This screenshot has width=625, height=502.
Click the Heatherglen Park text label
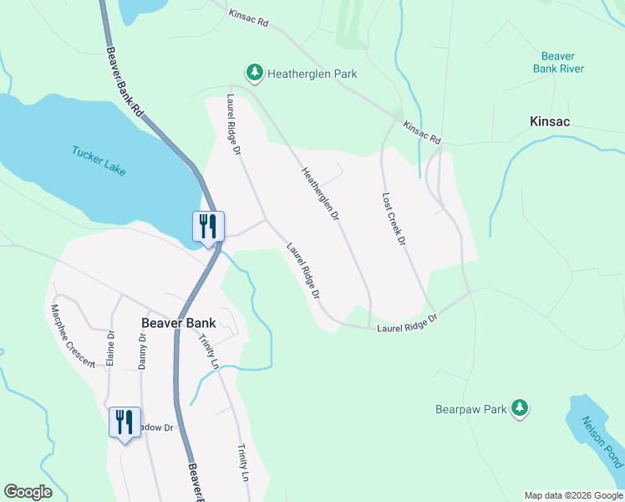pos(312,74)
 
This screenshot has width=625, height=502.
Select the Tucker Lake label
pos(99,161)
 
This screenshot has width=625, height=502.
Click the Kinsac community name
pos(550,121)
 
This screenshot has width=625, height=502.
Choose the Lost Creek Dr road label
pos(393,219)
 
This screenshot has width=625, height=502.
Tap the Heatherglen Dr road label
pos(320,193)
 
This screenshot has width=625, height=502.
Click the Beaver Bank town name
pos(178,322)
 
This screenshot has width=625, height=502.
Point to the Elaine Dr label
pos(109,346)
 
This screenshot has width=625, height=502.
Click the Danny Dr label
pos(142,351)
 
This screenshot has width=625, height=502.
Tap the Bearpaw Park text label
pos(471,409)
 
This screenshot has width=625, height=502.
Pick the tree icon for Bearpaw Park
pos(521,407)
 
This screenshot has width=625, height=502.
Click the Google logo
pos(28,492)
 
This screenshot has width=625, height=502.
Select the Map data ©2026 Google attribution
pos(572,495)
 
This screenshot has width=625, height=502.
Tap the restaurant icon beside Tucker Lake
pos(208,226)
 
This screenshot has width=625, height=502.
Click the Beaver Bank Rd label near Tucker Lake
pos(125,81)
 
